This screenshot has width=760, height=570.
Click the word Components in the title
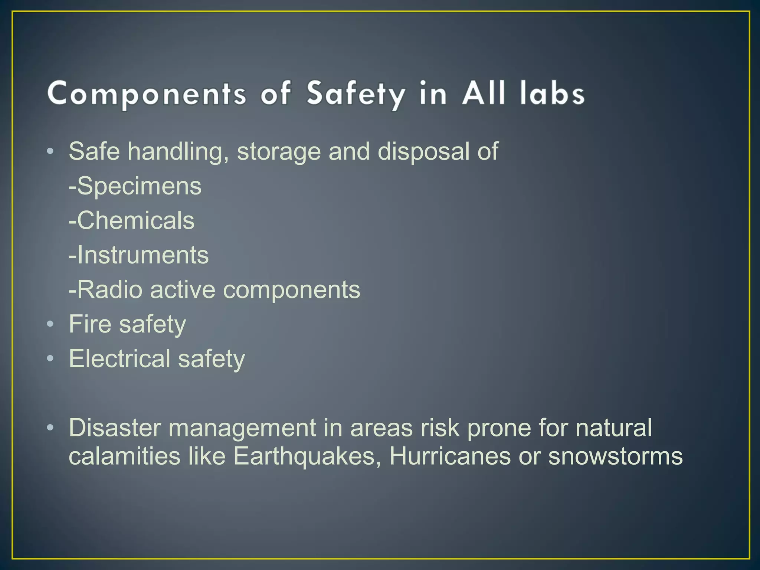[x=147, y=94]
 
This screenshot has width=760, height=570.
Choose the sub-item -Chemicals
[x=131, y=220]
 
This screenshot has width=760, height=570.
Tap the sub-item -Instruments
[x=138, y=255]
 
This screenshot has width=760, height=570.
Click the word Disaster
[x=115, y=428]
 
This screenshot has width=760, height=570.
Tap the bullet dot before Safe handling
[x=50, y=152]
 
